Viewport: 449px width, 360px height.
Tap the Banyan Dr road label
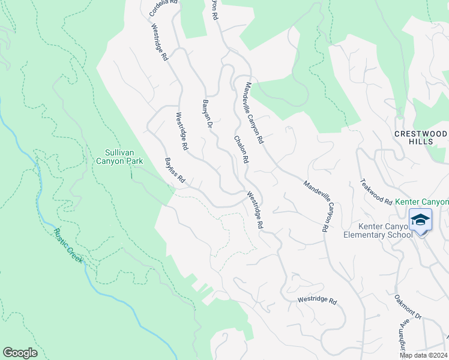pos(208,113)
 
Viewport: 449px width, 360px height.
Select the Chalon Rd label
pos(241,149)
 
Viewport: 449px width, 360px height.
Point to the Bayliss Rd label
pos(175,171)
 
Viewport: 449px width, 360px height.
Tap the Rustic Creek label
pos(67,247)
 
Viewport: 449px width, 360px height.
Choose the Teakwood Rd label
pos(376,191)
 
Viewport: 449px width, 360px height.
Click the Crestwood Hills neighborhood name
pos(421,137)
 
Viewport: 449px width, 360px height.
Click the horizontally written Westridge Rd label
pos(318,301)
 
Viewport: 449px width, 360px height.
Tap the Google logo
pos(20,353)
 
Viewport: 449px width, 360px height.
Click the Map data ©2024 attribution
pos(423,355)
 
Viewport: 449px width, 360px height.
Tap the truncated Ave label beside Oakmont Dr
pos(400,336)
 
